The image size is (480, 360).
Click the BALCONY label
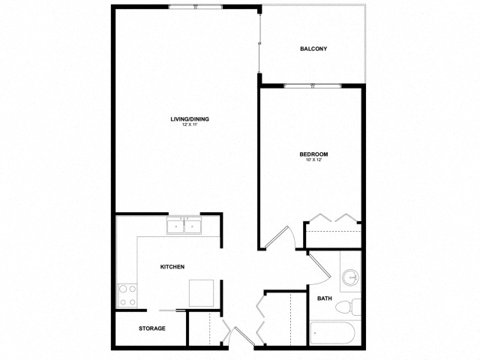pos(313,49)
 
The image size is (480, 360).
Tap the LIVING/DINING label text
pos(189,119)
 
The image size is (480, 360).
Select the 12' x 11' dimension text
pos(189,125)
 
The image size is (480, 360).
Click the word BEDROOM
pos(313,154)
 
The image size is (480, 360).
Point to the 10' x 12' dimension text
pos(313,160)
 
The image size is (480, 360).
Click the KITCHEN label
pos(172,267)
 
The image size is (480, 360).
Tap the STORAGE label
pos(152,328)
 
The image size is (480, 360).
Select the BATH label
pos(324,298)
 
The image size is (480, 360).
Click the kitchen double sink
pos(184,225)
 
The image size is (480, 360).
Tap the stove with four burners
pos(127,295)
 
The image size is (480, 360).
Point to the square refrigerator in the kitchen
pos(202,292)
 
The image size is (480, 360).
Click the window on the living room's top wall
pos(195,7)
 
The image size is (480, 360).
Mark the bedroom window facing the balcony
pos(312,86)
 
